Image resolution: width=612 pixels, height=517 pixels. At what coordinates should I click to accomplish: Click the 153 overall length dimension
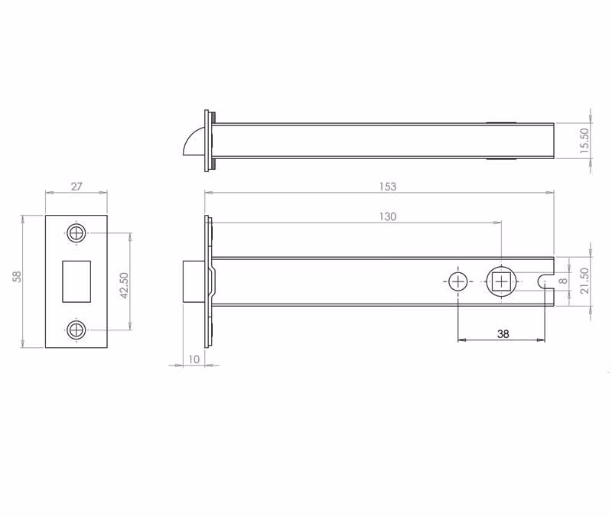(388, 187)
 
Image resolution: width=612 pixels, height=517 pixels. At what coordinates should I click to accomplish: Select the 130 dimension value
(388, 216)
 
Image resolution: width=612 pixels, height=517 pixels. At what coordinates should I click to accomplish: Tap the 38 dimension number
(503, 334)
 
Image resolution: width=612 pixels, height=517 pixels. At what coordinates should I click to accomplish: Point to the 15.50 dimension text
(584, 141)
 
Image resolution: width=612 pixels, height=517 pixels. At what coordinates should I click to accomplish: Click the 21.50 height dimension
(584, 281)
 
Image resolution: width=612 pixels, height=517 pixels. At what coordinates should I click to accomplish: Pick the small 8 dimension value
(563, 281)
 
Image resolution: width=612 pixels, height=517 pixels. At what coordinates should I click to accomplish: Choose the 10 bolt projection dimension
(194, 359)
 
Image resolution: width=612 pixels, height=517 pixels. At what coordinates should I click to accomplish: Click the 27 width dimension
(76, 187)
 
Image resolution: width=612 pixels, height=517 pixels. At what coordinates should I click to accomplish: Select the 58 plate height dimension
(17, 277)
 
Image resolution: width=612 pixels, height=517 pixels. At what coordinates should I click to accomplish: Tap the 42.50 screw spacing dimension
(124, 285)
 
